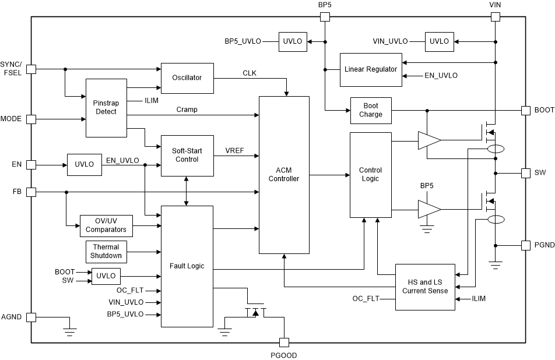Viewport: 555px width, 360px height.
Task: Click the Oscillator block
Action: coord(187,77)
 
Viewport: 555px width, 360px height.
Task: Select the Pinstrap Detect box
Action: coord(106,107)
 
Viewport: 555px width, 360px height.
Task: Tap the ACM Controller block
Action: coord(284,175)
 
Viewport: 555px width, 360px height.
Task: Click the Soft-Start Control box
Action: coord(187,155)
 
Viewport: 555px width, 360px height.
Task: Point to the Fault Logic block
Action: coord(187,266)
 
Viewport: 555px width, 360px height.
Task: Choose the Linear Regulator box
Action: coord(371,69)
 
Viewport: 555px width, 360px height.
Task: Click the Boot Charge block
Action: coord(371,110)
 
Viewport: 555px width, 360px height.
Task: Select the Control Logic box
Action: coord(370,175)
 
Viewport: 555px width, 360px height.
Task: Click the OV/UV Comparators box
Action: coord(106,226)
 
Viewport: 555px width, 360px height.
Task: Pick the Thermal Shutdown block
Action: coord(107,252)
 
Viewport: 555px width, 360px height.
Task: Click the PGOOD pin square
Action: coord(284,343)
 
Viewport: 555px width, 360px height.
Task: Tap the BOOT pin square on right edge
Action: coord(525,110)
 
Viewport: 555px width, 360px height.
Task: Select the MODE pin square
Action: coord(31,119)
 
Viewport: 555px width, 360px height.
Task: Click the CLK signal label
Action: coord(250,73)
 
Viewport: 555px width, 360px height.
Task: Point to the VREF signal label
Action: coord(234,150)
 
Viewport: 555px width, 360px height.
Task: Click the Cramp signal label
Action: coord(187,110)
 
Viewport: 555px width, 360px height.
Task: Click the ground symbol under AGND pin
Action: coord(69,332)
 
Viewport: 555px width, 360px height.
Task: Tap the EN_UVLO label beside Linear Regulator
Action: coord(441,76)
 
